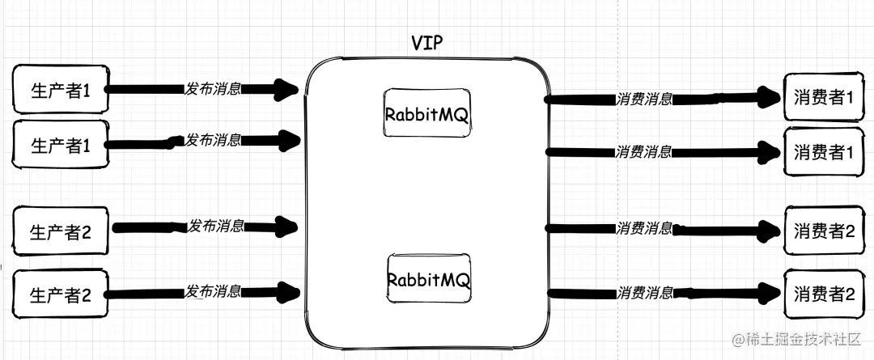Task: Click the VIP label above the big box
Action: [x=428, y=44]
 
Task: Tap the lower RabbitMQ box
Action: [x=428, y=280]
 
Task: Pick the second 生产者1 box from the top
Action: [x=60, y=146]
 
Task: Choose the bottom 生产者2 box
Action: [x=61, y=294]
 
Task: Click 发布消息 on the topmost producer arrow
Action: [x=213, y=88]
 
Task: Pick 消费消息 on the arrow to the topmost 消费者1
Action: [x=644, y=100]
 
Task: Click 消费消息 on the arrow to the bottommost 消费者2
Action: [x=644, y=292]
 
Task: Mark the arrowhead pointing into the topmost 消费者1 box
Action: [x=769, y=99]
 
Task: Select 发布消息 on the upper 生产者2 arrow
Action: [x=216, y=226]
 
